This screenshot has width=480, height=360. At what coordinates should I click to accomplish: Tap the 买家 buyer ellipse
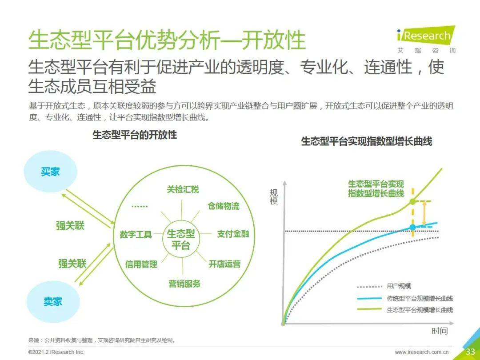(51, 172)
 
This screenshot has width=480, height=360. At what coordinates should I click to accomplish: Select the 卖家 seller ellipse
(53, 301)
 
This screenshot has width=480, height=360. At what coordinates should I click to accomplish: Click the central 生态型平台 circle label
(180, 239)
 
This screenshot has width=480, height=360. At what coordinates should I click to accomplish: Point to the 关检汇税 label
(183, 189)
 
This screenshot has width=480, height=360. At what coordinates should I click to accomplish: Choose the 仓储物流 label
(224, 206)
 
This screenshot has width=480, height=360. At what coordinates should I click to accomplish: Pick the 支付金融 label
(233, 234)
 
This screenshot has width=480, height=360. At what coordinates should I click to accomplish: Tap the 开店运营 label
(225, 264)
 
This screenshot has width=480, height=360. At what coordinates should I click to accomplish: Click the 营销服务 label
(184, 284)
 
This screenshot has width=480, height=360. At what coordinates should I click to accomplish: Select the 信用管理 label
(141, 264)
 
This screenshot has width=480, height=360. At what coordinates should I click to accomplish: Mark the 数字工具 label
(136, 235)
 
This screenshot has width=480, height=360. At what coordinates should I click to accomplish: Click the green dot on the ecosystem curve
(412, 201)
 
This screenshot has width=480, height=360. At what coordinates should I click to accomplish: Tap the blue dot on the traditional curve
(412, 227)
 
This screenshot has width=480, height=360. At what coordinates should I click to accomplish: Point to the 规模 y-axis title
(274, 196)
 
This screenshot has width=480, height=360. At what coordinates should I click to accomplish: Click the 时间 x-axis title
(440, 331)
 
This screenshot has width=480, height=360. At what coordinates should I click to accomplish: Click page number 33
(470, 352)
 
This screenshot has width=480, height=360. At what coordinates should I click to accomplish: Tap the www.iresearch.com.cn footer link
(421, 352)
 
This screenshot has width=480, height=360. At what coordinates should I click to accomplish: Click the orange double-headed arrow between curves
(424, 214)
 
